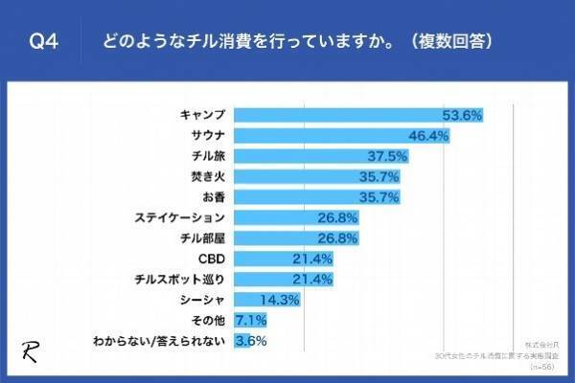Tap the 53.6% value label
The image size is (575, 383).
(461, 115)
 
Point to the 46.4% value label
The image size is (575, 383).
(428, 135)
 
